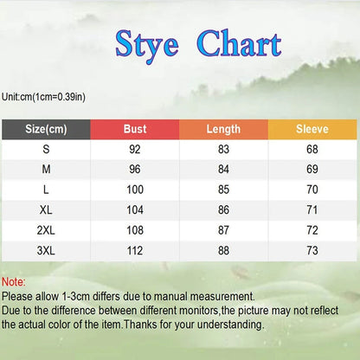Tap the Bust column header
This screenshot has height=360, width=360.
click(x=134, y=129)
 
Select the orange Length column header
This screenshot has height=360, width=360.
click(x=223, y=129)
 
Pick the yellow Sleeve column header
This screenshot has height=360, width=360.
click(x=312, y=129)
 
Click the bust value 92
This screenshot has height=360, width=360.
click(x=134, y=150)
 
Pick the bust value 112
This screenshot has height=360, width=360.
click(x=134, y=250)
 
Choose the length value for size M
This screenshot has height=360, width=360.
click(x=223, y=170)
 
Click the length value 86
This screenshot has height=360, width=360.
click(x=223, y=209)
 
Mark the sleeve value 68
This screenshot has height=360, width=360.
click(x=312, y=150)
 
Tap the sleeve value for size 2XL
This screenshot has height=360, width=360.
click(x=312, y=230)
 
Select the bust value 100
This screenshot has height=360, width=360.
click(x=134, y=190)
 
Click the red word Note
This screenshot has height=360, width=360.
click(x=13, y=282)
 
